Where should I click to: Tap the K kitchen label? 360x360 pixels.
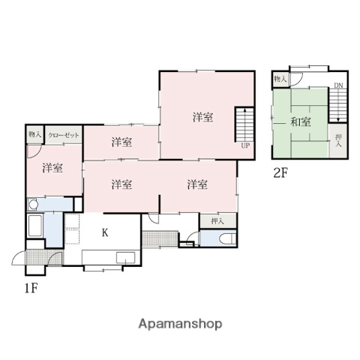105,233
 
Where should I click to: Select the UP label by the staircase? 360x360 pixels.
245,146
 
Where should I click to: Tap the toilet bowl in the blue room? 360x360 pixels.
224,240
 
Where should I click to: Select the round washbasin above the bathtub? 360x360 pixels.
32,205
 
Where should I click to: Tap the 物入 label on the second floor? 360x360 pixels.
279,79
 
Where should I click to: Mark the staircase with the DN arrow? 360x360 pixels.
340,105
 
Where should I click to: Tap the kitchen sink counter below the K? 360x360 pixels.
109,259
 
